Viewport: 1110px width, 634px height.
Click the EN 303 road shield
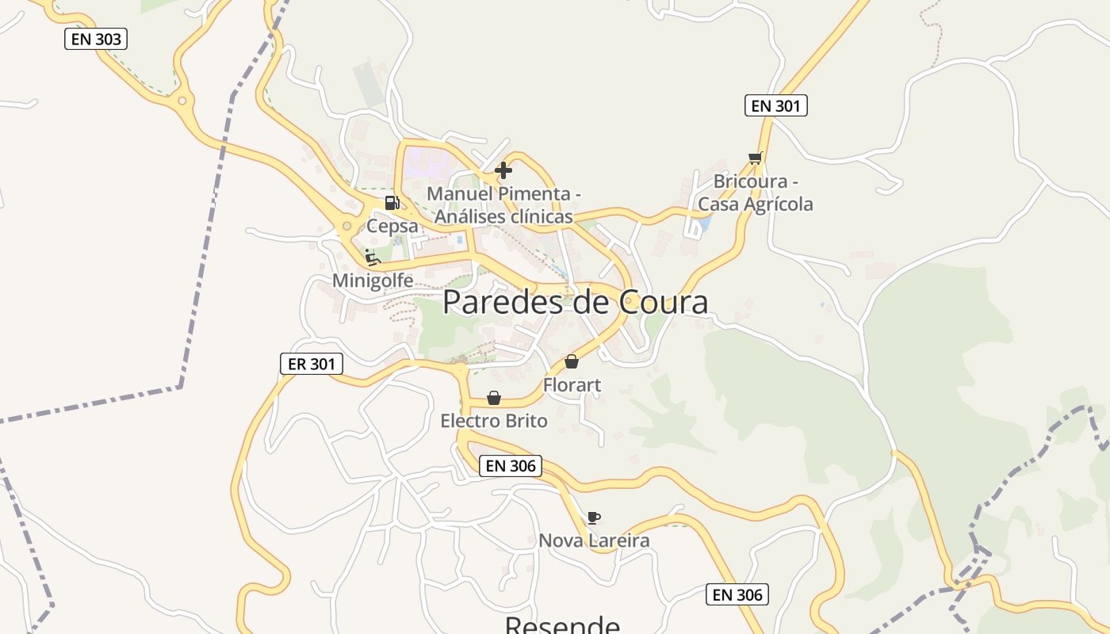96,39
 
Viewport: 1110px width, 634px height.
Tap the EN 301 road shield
775,105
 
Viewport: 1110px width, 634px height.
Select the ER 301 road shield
312,364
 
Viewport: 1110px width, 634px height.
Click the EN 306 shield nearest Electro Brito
511,466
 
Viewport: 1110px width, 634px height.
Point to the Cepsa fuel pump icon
392,203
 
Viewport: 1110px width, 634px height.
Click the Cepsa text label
392,226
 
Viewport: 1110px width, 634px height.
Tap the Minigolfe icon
372,257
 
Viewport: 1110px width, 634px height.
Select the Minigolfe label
373,281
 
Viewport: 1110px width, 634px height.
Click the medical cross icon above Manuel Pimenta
503,170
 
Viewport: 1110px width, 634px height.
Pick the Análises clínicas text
503,216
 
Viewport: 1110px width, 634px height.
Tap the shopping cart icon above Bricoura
755,158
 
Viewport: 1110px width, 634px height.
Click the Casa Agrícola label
756,204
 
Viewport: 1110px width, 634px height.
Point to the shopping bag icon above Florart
572,362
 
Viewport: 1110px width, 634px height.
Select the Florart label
572,385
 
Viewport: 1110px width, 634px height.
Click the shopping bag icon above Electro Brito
494,398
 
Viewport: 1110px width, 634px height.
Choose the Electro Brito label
494,421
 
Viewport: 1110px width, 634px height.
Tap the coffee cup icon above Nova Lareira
593,518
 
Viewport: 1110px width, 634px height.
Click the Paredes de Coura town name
575,303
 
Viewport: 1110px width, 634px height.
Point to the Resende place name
562,624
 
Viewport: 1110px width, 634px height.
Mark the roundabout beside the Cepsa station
346,227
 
